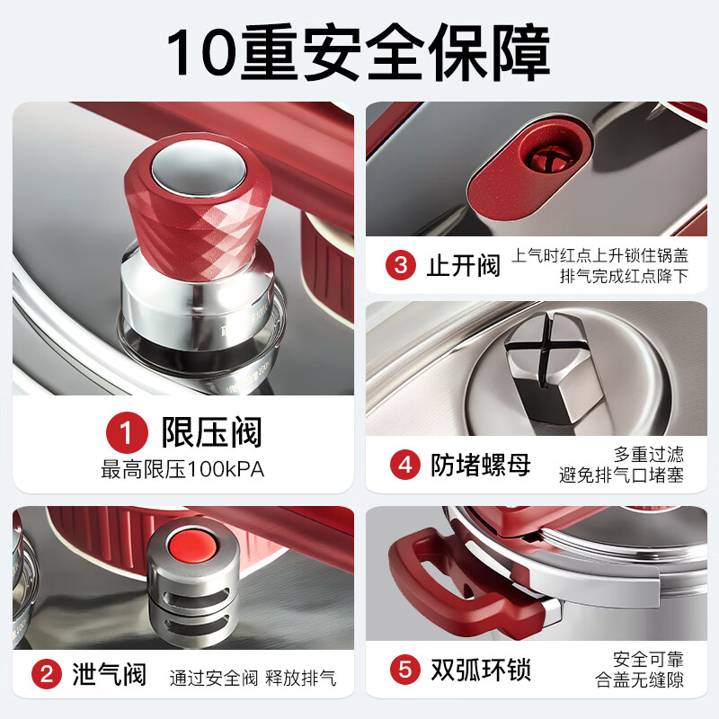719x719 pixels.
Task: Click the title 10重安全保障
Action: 359,51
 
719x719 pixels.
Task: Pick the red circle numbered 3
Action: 401,265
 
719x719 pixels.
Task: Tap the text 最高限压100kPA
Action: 182,468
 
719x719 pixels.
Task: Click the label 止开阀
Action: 463,265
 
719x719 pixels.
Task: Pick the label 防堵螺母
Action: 480,465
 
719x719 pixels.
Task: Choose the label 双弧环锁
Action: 480,670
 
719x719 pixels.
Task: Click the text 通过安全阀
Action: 214,677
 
